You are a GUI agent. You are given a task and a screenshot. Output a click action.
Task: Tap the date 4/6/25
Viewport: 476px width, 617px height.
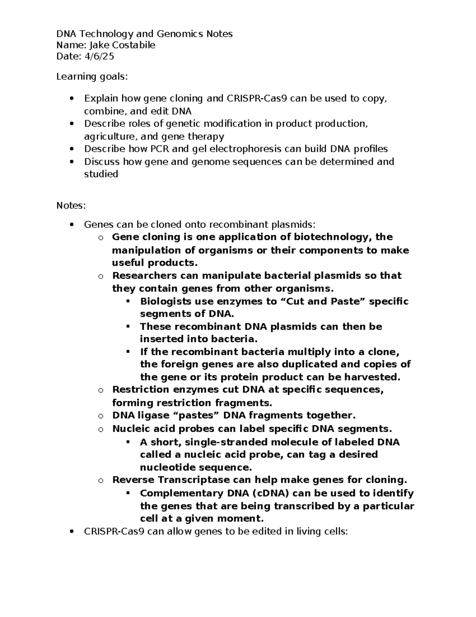[x=99, y=56]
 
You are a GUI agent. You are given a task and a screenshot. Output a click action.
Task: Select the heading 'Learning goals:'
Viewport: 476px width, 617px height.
[x=92, y=76]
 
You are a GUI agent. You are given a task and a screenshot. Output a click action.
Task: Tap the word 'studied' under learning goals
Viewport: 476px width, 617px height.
[x=101, y=174]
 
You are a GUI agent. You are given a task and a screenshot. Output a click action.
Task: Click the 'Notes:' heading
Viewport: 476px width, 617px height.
[x=71, y=205]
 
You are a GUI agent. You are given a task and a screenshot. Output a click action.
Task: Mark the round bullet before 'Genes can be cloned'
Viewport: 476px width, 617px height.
[x=71, y=225]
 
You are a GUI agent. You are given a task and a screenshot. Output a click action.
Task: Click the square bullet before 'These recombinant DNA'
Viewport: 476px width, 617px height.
[x=128, y=327]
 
